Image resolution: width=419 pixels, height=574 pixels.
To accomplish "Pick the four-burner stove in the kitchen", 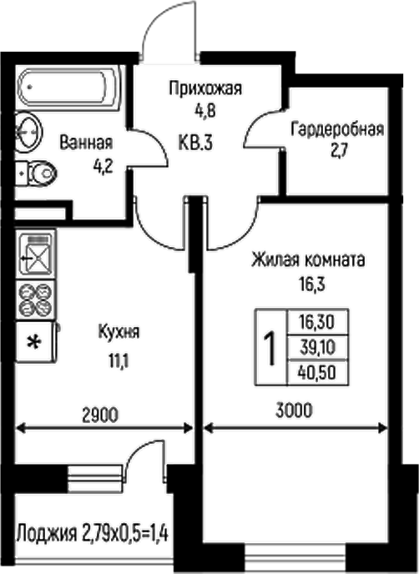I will [x=35, y=299].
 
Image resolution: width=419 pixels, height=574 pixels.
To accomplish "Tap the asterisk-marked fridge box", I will [x=35, y=340].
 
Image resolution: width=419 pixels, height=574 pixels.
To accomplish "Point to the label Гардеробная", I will [x=337, y=129].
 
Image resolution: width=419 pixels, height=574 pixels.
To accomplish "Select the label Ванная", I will [x=86, y=143].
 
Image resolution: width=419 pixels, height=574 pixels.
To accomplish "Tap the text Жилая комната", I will [x=308, y=260].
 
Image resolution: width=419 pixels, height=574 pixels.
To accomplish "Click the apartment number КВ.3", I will [x=196, y=143].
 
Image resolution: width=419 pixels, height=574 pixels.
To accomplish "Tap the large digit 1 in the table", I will [x=270, y=347].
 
